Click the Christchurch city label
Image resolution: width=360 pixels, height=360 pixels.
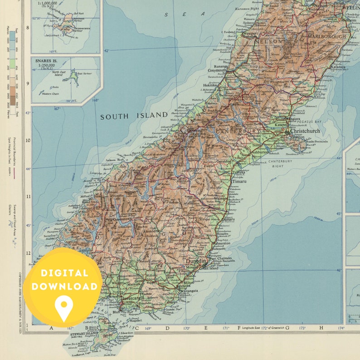pyautogui.click(x=305, y=131)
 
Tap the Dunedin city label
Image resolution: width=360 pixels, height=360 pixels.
pyautogui.click(x=196, y=261)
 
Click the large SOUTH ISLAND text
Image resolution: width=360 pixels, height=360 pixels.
pyautogui.click(x=134, y=116)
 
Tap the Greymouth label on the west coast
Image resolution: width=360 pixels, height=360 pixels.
pyautogui.click(x=217, y=71)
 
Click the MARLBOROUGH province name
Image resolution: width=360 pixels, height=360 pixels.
pyautogui.click(x=326, y=36)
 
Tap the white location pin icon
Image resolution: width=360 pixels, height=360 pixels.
pyautogui.click(x=63, y=306)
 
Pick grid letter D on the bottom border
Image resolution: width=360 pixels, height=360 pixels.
pyautogui.click(x=167, y=328)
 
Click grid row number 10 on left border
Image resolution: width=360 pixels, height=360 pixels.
pyautogui.click(x=27, y=140)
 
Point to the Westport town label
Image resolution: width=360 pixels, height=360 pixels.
pyautogui.click(x=250, y=34)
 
